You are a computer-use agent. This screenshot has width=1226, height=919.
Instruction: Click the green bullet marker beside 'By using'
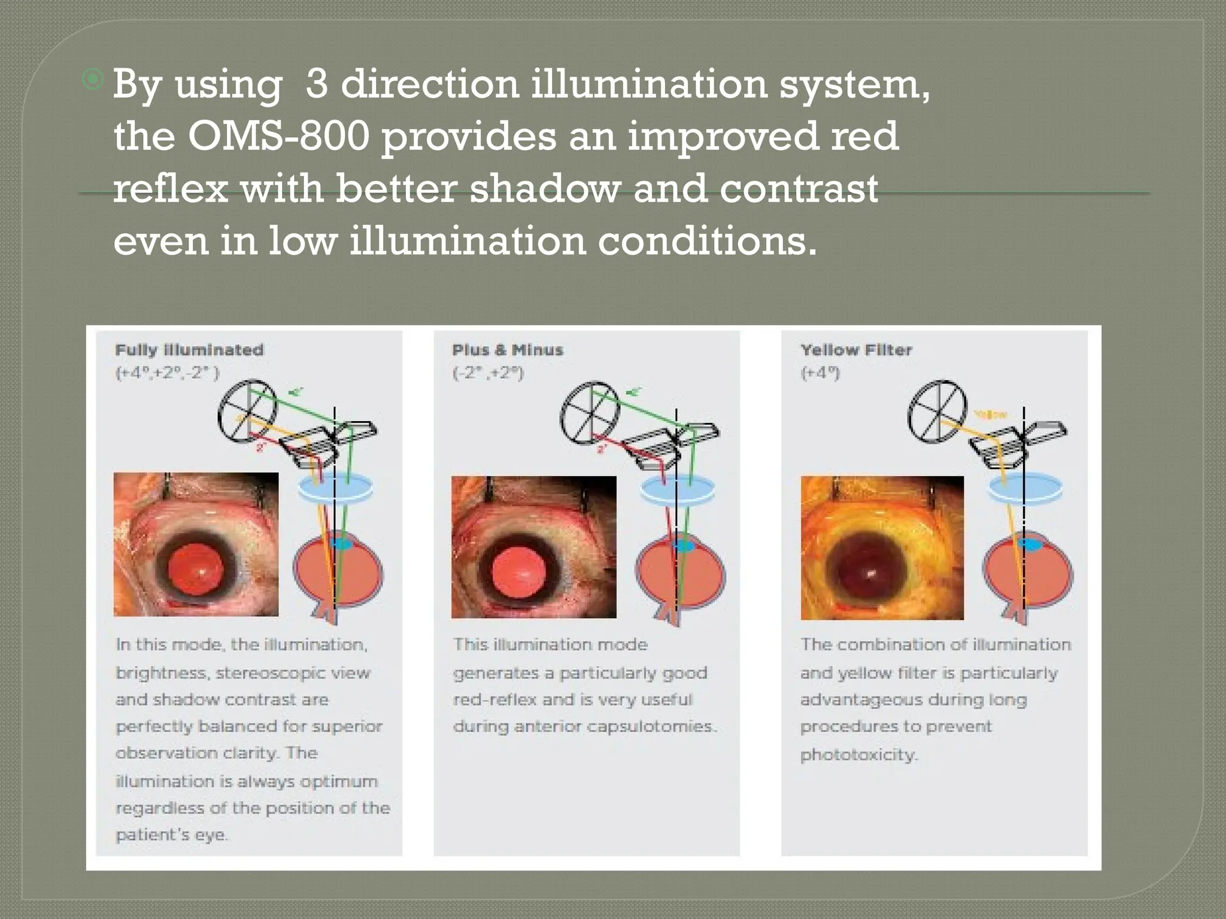point(93,79)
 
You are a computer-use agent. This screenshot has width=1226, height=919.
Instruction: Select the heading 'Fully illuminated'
point(189,350)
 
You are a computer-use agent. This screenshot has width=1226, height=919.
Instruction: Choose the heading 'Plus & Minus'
point(508,350)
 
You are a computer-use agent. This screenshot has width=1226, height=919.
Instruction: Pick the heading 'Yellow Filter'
point(856,350)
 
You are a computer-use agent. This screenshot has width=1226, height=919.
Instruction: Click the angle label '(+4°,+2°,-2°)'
point(168,373)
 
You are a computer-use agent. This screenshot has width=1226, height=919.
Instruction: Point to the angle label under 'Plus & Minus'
point(488,373)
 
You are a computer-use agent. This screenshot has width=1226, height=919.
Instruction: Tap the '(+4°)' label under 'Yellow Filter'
point(820,373)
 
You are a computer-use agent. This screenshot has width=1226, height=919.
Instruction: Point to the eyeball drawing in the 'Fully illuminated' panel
point(338,571)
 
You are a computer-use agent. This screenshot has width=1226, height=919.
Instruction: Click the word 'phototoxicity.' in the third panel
point(858,754)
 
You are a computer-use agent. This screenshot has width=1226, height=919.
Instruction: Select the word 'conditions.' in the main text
point(708,241)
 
